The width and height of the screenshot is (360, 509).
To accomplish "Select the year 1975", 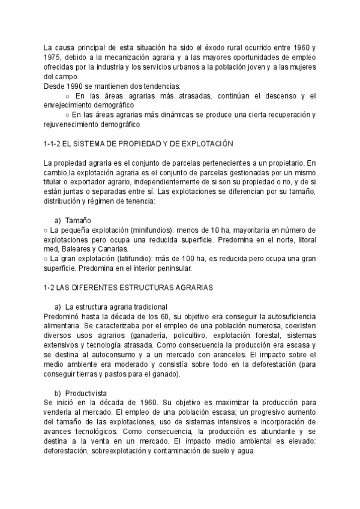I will click(54, 57).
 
